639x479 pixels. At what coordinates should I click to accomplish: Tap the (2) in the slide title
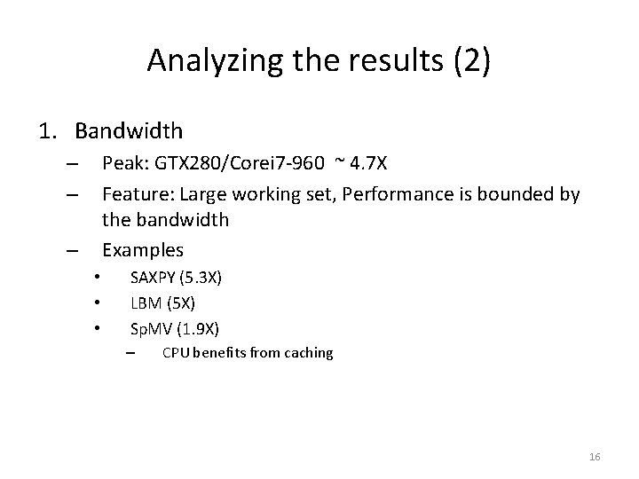click(468, 60)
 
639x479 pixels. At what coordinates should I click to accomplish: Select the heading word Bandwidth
click(129, 131)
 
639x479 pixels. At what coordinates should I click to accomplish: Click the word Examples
click(143, 249)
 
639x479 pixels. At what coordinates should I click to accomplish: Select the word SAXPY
click(153, 278)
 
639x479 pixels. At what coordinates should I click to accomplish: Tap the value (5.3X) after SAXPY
click(201, 278)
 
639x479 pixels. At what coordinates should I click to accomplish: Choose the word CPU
click(174, 353)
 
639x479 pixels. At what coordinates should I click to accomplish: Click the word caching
click(308, 353)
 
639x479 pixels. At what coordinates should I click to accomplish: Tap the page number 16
click(595, 457)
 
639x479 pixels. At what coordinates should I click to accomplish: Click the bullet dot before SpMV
click(95, 329)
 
